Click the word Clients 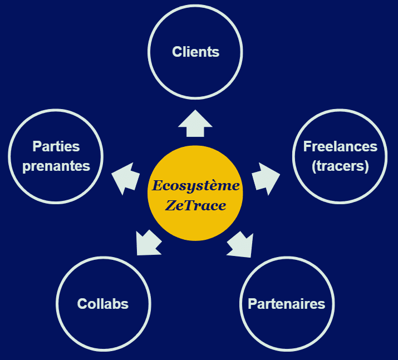pyautogui.click(x=196, y=52)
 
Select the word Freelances pyautogui.click(x=340, y=146)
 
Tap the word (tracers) pyautogui.click(x=340, y=166)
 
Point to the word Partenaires pyautogui.click(x=286, y=304)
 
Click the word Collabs pyautogui.click(x=103, y=304)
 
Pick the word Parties pyautogui.click(x=56, y=146)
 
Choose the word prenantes pyautogui.click(x=56, y=166)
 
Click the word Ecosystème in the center pyautogui.click(x=196, y=185)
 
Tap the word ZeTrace pyautogui.click(x=196, y=205)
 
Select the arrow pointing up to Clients pyautogui.click(x=195, y=123)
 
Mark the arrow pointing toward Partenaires pyautogui.click(x=240, y=244)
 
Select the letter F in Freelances pyautogui.click(x=307, y=146)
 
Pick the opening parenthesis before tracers pyautogui.click(x=315, y=166)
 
